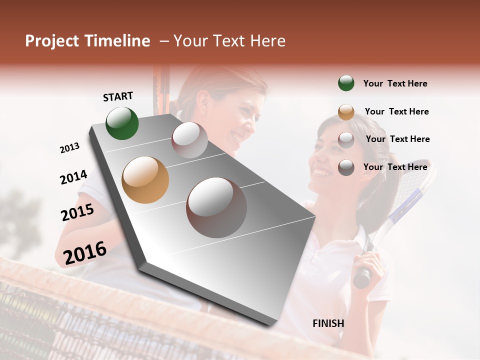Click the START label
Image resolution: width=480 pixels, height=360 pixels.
pyautogui.click(x=118, y=96)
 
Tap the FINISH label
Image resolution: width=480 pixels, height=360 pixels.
pyautogui.click(x=328, y=323)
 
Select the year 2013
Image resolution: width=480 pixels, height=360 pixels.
pyautogui.click(x=69, y=148)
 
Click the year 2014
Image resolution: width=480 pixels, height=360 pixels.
pyautogui.click(x=73, y=177)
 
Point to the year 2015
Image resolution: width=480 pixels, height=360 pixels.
pyautogui.click(x=77, y=212)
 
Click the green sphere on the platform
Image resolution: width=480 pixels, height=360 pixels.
pyautogui.click(x=122, y=123)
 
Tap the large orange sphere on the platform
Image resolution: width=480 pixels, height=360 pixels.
pyautogui.click(x=145, y=179)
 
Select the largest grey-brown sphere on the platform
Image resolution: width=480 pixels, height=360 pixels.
pyautogui.click(x=216, y=207)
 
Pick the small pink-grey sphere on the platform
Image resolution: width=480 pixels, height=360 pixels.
pyautogui.click(x=189, y=139)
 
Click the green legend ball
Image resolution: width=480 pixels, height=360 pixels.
pyautogui.click(x=346, y=83)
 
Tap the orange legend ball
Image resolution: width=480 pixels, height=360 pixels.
pyautogui.click(x=346, y=111)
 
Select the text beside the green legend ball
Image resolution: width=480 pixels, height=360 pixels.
pyautogui.click(x=395, y=83)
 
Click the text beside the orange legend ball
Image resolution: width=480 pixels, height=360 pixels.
pyautogui.click(x=396, y=111)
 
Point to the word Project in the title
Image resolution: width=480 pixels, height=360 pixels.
pyautogui.click(x=51, y=41)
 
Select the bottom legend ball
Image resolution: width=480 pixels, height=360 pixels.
pyautogui.click(x=346, y=167)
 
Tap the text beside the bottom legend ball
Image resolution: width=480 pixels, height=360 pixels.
pyautogui.click(x=395, y=167)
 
